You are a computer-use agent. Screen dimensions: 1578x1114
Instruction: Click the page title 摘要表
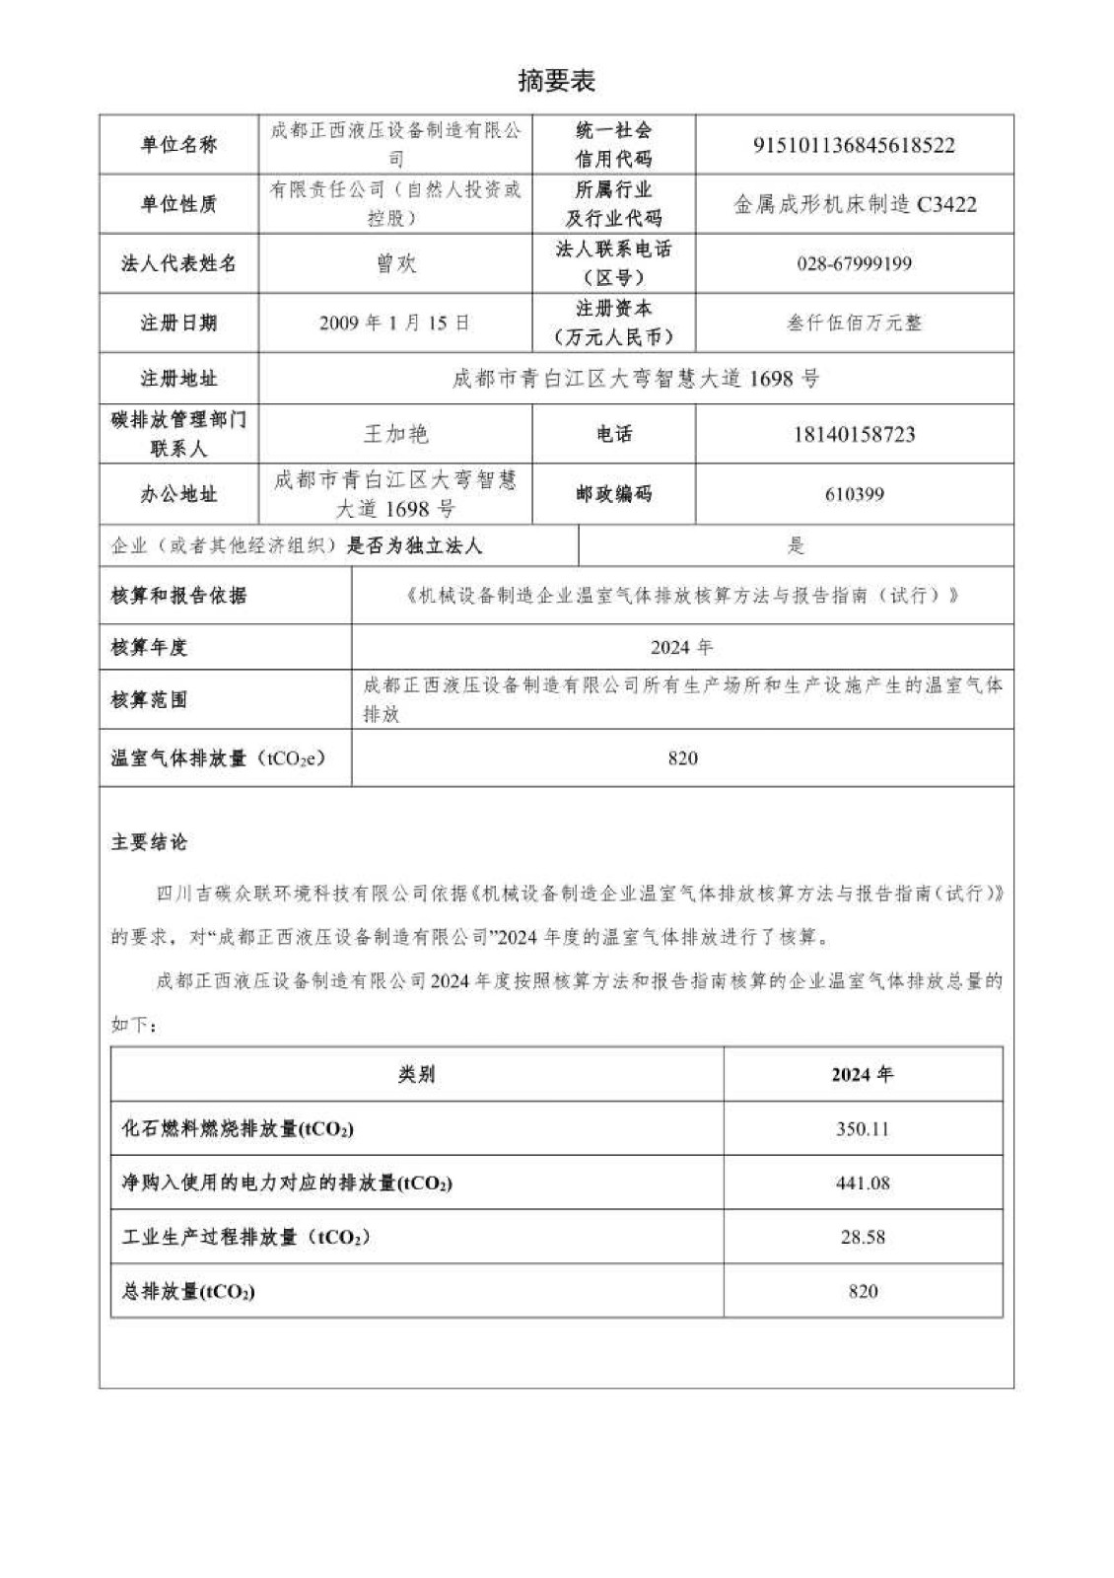(x=556, y=81)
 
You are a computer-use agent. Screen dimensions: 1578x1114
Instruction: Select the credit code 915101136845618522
(x=854, y=145)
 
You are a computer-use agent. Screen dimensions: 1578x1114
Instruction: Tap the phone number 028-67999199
(x=854, y=263)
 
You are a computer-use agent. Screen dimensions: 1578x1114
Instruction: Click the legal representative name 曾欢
(x=395, y=263)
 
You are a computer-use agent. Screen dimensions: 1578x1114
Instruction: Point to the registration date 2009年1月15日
(x=394, y=323)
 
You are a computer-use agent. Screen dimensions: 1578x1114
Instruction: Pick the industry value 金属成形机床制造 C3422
(x=854, y=204)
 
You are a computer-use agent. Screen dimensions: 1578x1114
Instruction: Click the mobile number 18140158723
(x=854, y=434)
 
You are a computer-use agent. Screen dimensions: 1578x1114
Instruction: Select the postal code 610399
(x=854, y=494)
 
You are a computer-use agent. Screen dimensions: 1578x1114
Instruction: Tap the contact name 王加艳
(x=395, y=434)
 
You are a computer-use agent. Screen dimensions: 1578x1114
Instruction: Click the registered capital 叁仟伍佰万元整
(x=854, y=323)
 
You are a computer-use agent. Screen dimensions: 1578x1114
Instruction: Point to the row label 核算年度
(x=149, y=647)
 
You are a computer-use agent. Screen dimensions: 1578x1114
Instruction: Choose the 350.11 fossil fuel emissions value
(x=863, y=1128)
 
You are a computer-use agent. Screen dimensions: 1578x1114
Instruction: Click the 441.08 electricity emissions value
(x=863, y=1183)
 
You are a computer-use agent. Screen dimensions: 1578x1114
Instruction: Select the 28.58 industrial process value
(x=863, y=1237)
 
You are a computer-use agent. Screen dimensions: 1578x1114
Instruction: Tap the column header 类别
(x=416, y=1074)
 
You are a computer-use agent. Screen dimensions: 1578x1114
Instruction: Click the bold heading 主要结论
(x=149, y=842)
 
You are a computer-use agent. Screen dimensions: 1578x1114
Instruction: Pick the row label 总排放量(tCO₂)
(x=188, y=1291)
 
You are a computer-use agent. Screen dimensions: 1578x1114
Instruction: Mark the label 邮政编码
(x=613, y=494)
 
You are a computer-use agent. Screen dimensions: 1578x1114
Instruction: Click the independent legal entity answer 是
(x=796, y=545)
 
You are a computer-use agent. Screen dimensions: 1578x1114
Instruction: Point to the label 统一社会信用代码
(x=613, y=144)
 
